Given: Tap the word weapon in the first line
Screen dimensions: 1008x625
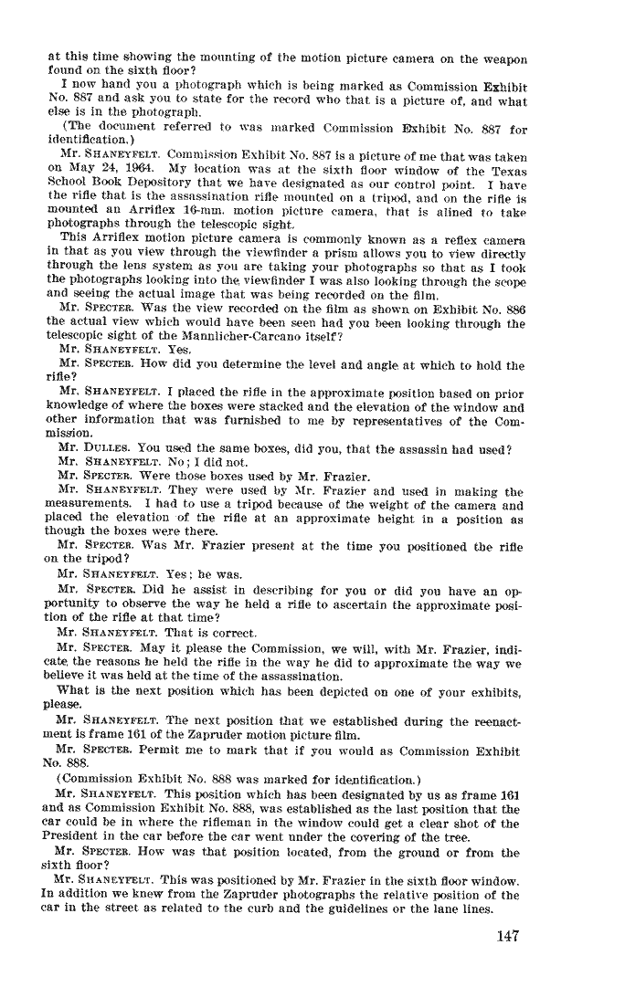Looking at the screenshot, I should (x=504, y=59).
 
